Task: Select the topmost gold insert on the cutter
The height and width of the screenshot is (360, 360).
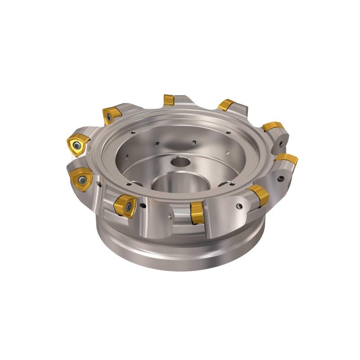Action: [169, 100]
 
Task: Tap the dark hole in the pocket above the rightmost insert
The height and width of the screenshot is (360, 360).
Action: [281, 144]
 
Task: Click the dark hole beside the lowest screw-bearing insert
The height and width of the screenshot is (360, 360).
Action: [144, 207]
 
